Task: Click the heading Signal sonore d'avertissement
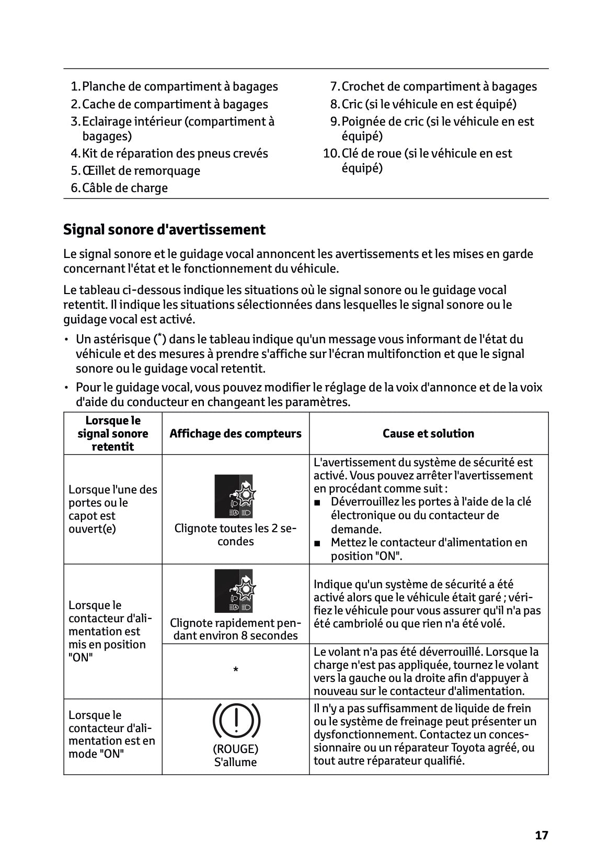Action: (x=164, y=230)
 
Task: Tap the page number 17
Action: (x=542, y=835)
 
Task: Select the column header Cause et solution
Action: (x=428, y=433)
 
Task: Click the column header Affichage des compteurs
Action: (x=235, y=433)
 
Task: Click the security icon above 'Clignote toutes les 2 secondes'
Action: (x=234, y=496)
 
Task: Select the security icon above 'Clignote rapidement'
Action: (x=234, y=591)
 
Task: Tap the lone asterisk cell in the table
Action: (x=236, y=671)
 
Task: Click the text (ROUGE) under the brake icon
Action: (x=235, y=749)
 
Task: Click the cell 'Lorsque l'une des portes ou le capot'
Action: (x=112, y=509)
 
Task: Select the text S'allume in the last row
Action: (x=235, y=762)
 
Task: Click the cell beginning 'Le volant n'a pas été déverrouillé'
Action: (x=426, y=671)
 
